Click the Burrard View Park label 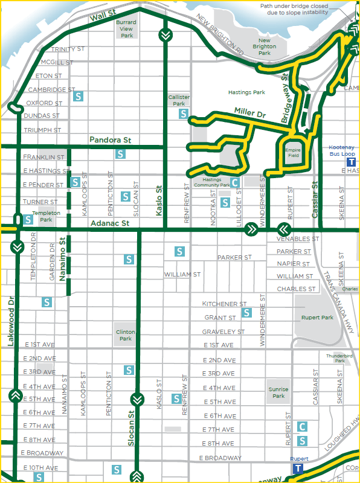point(126,28)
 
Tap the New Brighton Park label point(264,46)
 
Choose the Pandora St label point(110,140)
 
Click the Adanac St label point(109,223)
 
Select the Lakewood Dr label point(10,321)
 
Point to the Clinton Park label point(126,335)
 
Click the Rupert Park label point(318,318)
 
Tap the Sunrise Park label point(278,393)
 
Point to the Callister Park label point(179,100)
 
